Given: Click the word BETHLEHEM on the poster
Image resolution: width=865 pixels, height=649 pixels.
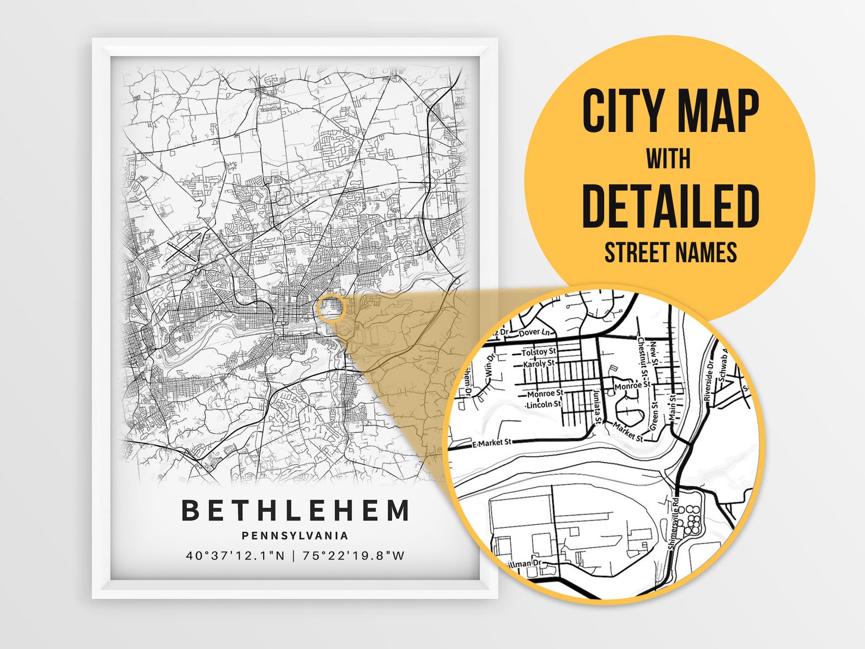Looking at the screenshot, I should tap(295, 511).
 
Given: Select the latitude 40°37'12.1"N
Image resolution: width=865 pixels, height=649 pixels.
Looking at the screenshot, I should tap(235, 556).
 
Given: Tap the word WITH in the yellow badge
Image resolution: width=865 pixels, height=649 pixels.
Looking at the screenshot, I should tap(668, 159).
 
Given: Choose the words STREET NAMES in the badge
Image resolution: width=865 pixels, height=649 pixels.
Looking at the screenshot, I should tap(670, 252).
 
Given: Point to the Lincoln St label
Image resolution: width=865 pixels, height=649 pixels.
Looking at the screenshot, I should tap(543, 404).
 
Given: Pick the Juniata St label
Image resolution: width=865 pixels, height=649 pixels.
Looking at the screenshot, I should tap(597, 406).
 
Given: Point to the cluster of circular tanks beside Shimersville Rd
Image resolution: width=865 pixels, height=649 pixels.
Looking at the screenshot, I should tap(692, 519).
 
